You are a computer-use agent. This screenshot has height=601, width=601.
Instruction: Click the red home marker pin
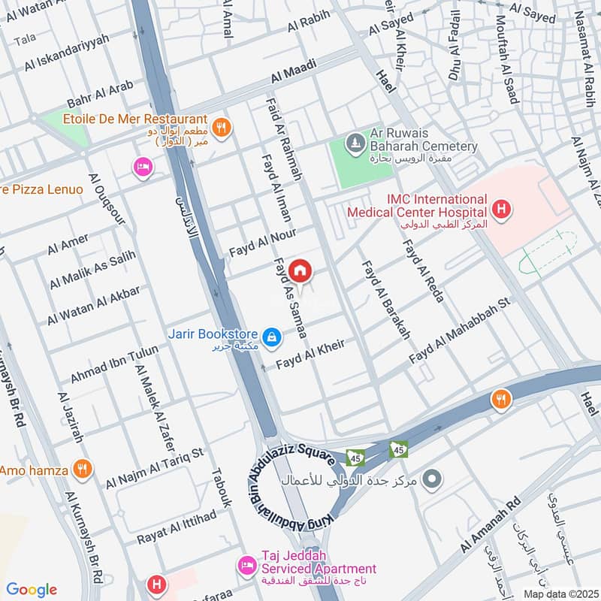[300, 270]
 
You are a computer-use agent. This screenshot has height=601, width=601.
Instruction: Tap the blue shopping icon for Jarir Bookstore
[273, 336]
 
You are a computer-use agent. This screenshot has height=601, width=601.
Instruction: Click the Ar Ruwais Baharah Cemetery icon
[354, 141]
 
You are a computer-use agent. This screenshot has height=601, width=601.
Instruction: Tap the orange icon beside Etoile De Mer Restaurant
[220, 127]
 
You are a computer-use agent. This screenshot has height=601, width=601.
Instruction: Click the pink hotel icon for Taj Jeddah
[246, 563]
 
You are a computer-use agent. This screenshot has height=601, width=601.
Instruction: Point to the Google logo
[31, 589]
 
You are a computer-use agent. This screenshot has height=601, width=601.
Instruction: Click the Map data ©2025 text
[559, 593]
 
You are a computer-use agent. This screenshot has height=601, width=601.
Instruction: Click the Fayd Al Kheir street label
[310, 355]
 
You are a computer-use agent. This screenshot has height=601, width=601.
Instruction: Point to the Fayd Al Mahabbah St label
[459, 331]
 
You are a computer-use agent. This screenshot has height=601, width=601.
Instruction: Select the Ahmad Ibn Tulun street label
[114, 363]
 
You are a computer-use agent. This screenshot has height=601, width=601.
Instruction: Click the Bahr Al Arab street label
[100, 94]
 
